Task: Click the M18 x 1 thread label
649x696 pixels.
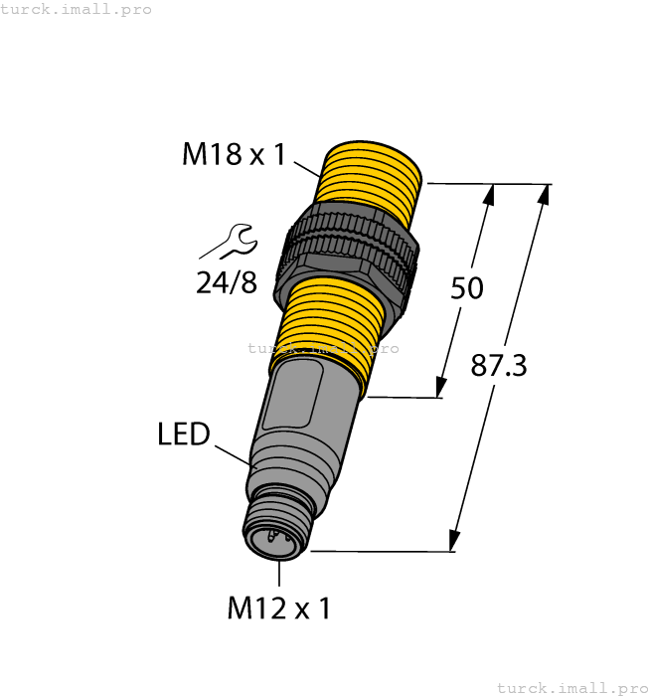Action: (234, 154)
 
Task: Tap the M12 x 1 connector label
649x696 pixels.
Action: (278, 608)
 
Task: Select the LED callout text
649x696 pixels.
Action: (184, 435)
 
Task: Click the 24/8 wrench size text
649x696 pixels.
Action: (226, 283)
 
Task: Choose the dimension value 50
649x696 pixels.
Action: (466, 288)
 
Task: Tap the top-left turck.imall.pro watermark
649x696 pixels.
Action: (77, 9)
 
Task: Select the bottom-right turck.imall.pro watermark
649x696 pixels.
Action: (570, 687)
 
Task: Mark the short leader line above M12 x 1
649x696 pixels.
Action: (279, 574)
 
